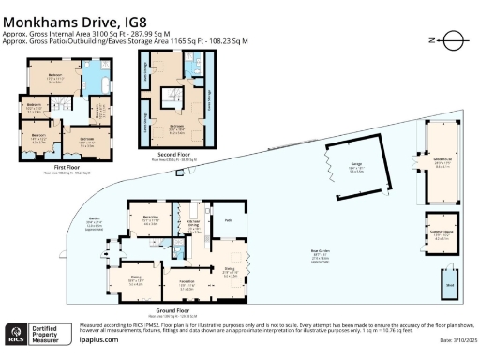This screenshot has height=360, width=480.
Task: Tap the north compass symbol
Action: [x=452, y=40]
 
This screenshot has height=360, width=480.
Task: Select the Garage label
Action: [x=355, y=166]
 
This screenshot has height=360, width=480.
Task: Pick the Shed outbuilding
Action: [x=451, y=286]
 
